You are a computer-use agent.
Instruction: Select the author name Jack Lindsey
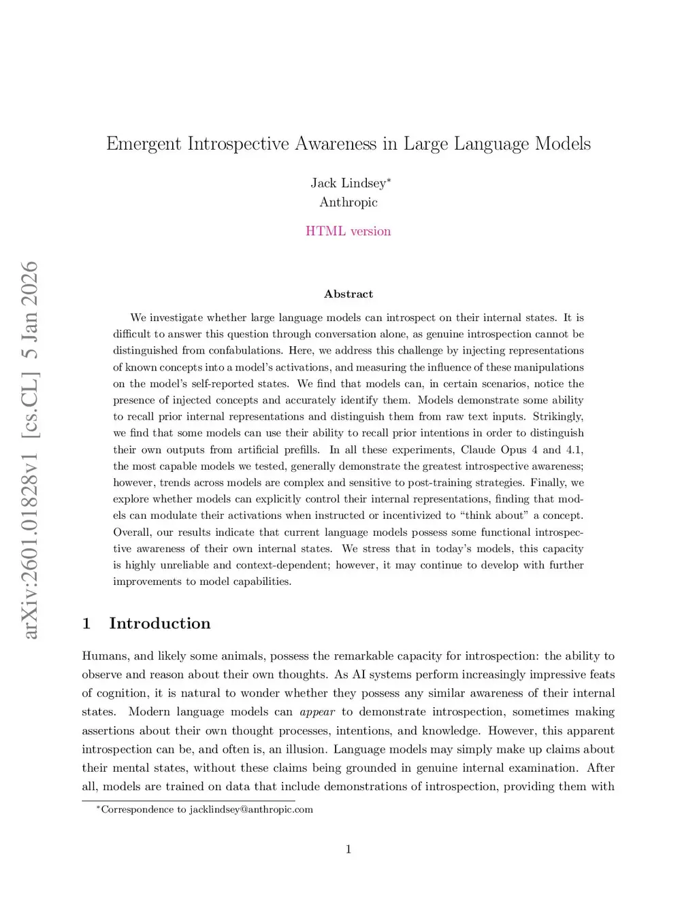[x=348, y=183]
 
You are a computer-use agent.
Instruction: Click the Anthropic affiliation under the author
[x=348, y=202]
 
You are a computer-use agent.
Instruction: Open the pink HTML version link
[x=348, y=231]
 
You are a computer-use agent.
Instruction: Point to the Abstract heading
[x=348, y=294]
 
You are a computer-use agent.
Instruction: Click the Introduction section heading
[x=160, y=624]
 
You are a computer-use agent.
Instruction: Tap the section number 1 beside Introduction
[x=86, y=624]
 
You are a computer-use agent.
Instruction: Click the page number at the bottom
[x=348, y=849]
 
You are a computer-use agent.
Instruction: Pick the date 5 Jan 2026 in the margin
[x=30, y=309]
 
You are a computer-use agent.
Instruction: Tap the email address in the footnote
[x=251, y=809]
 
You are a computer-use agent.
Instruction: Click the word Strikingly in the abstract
[x=557, y=416]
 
